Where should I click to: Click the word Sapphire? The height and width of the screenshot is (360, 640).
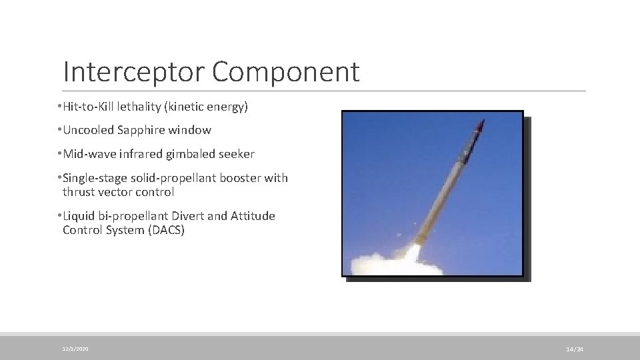coord(146,130)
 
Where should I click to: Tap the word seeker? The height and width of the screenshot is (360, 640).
coord(237,154)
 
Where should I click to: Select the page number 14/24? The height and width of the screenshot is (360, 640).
coord(575,349)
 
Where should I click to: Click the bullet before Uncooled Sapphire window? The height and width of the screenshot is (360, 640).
coord(59,130)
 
